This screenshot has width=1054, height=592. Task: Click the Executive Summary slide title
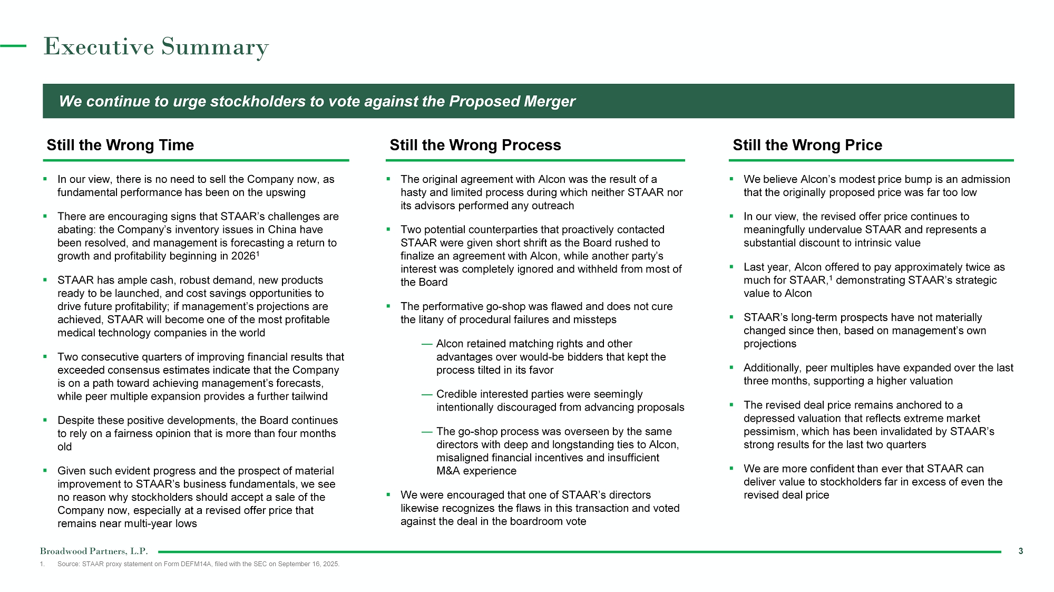click(x=156, y=47)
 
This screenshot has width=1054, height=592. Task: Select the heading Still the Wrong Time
click(x=120, y=145)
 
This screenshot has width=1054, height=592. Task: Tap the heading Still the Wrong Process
click(x=475, y=145)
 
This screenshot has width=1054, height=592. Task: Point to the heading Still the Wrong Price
click(x=807, y=145)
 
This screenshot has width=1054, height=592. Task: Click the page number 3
click(x=1020, y=551)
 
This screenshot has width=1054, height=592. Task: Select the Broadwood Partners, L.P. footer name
click(x=94, y=551)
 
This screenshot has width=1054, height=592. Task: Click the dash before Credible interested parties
click(x=427, y=394)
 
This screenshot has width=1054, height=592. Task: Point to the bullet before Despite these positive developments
click(x=45, y=420)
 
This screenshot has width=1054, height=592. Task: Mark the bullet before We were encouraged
click(x=388, y=494)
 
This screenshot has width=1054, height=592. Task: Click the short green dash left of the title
click(x=13, y=46)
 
